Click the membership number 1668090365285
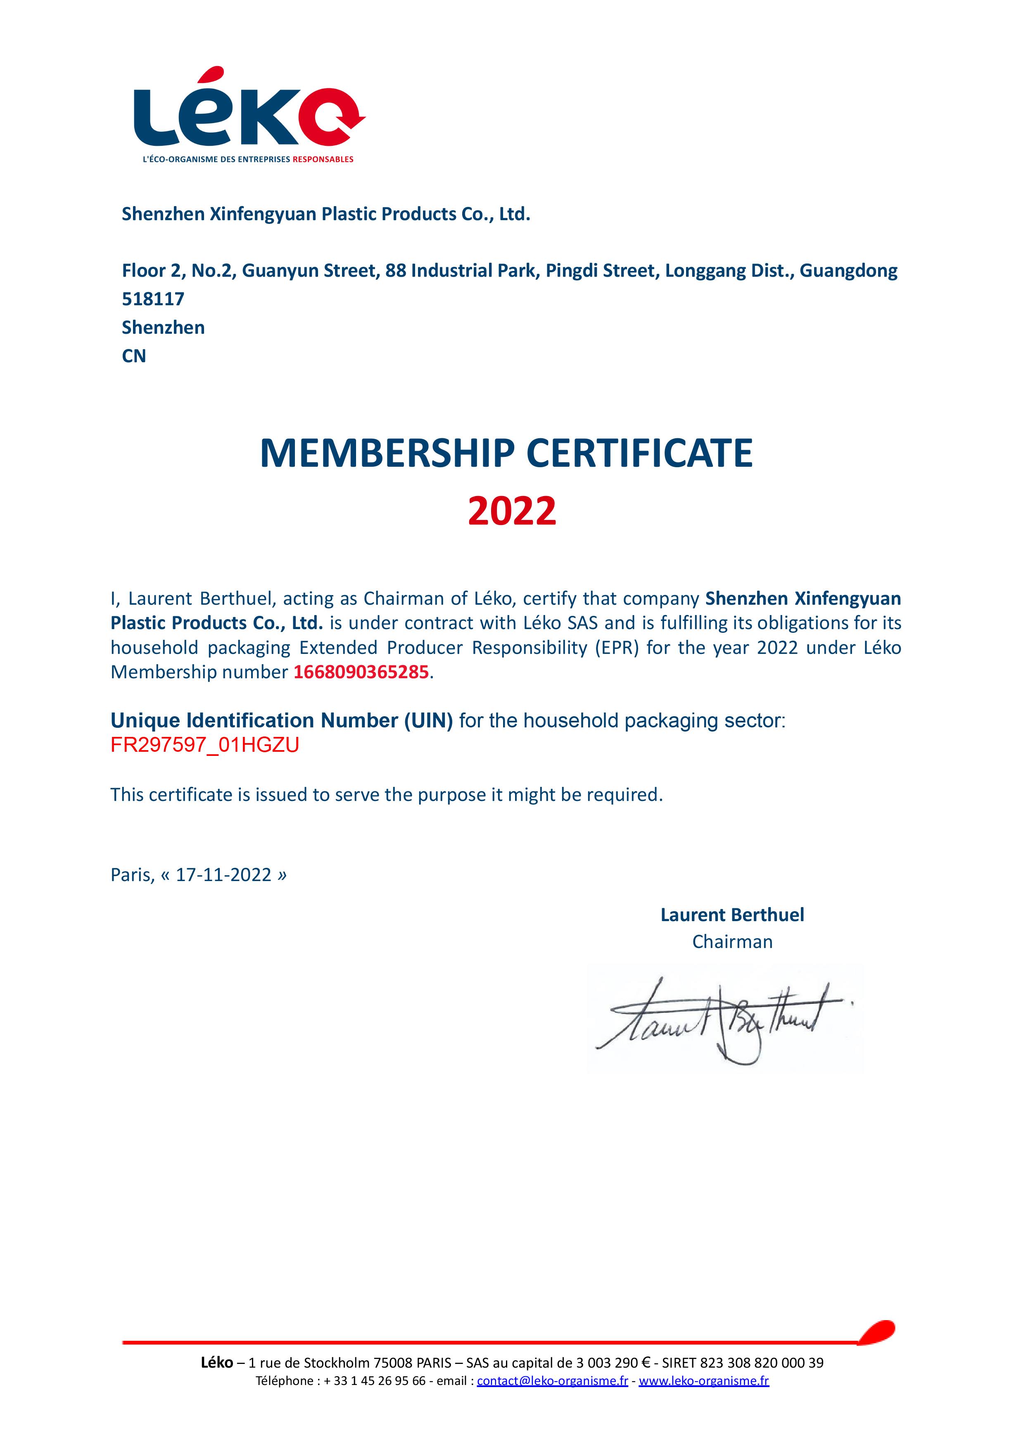click(x=361, y=672)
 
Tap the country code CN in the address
click(x=134, y=356)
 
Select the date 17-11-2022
click(x=223, y=875)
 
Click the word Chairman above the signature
click(x=732, y=942)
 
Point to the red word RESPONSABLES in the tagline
click(x=323, y=159)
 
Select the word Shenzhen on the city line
click(x=163, y=328)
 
